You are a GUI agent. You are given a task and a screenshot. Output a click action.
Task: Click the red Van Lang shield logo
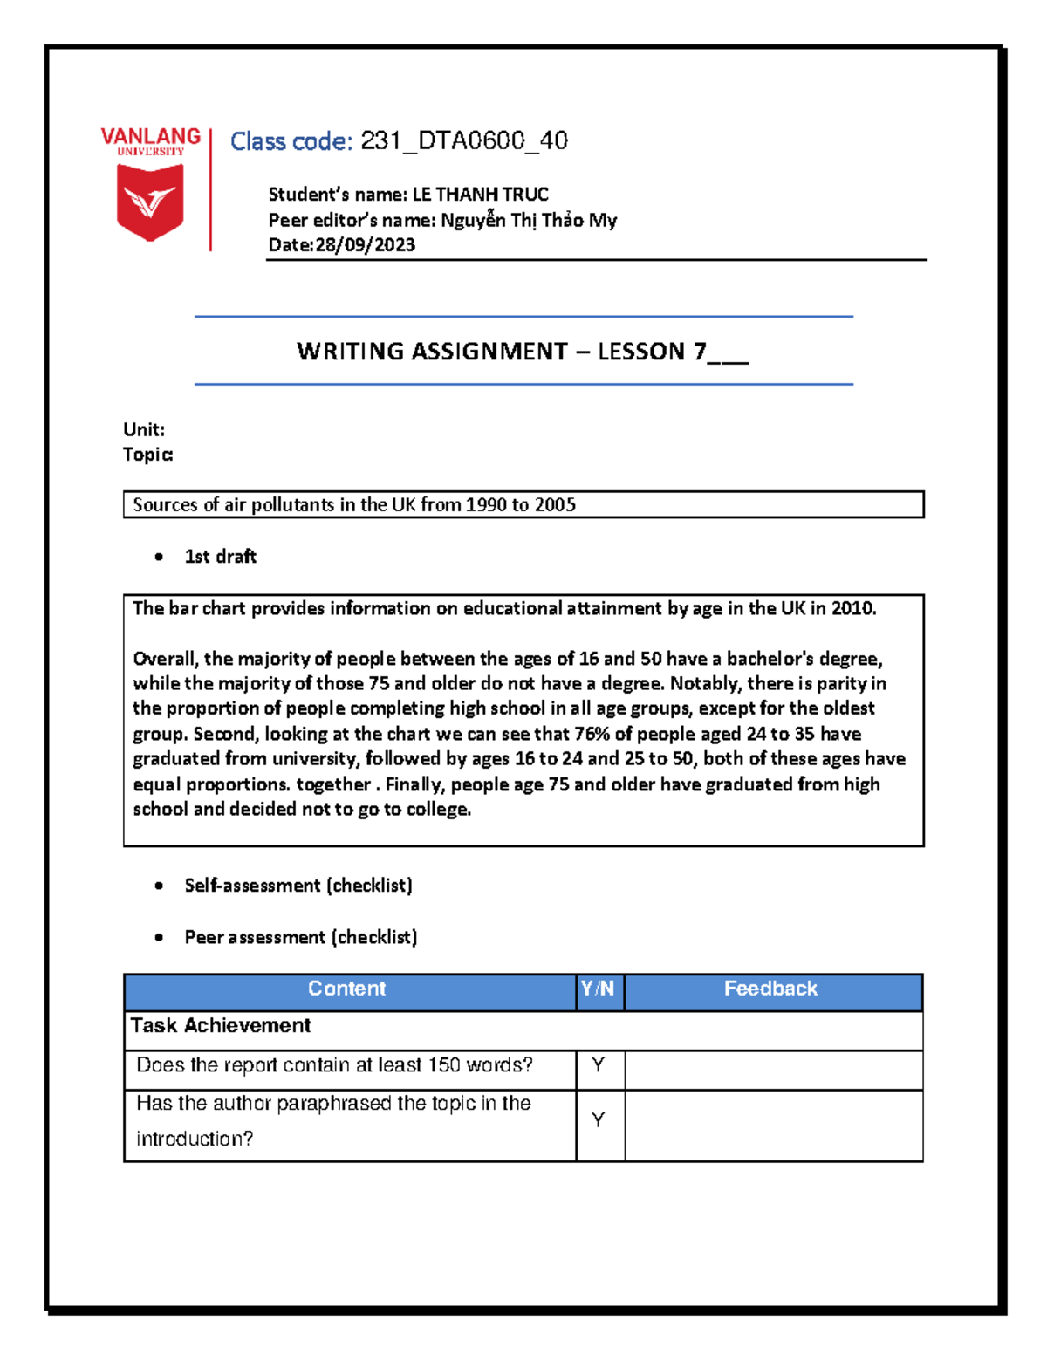150,202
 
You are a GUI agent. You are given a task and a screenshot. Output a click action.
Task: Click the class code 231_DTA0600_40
464,141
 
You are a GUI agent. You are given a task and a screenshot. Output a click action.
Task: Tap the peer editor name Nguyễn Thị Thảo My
529,220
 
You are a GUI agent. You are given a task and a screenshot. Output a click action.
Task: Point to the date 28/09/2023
365,245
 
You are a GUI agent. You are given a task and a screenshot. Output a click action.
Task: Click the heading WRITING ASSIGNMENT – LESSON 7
522,352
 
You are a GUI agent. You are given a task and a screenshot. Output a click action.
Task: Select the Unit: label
144,429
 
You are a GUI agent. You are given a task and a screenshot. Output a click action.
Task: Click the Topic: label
148,455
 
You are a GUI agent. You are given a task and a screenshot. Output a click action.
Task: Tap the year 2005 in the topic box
555,505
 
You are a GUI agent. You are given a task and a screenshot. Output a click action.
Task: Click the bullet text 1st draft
220,557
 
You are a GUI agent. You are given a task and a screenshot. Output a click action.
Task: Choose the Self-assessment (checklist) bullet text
298,886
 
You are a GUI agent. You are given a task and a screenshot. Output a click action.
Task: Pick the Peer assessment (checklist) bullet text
301,937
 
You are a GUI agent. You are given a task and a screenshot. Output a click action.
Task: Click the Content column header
346,989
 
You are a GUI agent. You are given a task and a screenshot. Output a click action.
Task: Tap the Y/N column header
598,989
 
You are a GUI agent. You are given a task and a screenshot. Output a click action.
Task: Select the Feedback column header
770,989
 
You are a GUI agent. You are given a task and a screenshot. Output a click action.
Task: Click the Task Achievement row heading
221,1026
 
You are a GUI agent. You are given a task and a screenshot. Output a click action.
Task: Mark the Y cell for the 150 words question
599,1065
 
